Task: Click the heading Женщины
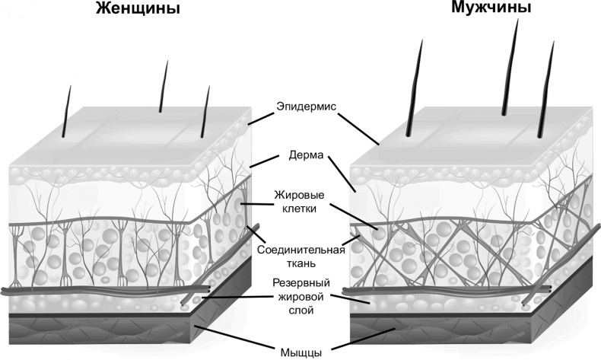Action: click(x=138, y=10)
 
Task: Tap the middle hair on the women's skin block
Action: click(x=163, y=88)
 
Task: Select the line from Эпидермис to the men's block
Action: click(x=357, y=126)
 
